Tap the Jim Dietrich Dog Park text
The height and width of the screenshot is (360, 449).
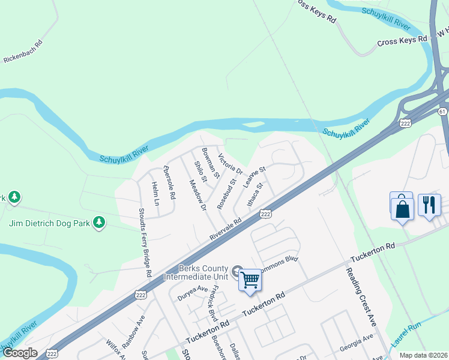pyautogui.click(x=49, y=223)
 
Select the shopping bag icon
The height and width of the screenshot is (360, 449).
pyautogui.click(x=402, y=208)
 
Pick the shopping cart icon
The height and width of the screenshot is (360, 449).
pyautogui.click(x=250, y=280)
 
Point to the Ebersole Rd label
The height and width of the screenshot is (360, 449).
pyautogui.click(x=169, y=182)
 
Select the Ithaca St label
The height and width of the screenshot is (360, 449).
pyautogui.click(x=256, y=195)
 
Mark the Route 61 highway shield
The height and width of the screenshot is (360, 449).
pyautogui.click(x=442, y=112)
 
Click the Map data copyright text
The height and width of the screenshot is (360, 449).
pyautogui.click(x=423, y=355)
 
